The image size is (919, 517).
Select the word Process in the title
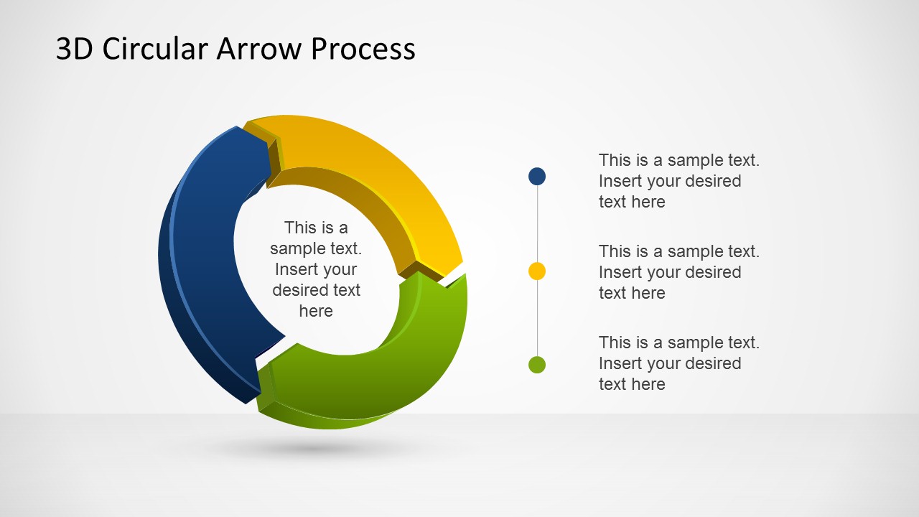pyautogui.click(x=363, y=49)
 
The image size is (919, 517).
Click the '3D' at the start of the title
pyautogui.click(x=75, y=49)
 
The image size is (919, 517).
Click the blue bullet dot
pyautogui.click(x=537, y=176)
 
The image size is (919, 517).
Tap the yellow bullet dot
pyautogui.click(x=537, y=271)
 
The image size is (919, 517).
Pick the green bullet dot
pyautogui.click(x=537, y=365)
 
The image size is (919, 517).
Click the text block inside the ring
pyautogui.click(x=316, y=269)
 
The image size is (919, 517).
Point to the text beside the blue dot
pyautogui.click(x=678, y=181)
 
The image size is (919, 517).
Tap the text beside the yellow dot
pyautogui.click(x=678, y=272)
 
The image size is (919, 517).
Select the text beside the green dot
pyautogui.click(x=678, y=363)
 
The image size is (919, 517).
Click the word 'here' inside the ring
pyautogui.click(x=316, y=311)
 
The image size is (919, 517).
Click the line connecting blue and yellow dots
pyautogui.click(x=537, y=223)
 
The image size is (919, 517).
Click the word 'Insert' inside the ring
pyautogui.click(x=296, y=269)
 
